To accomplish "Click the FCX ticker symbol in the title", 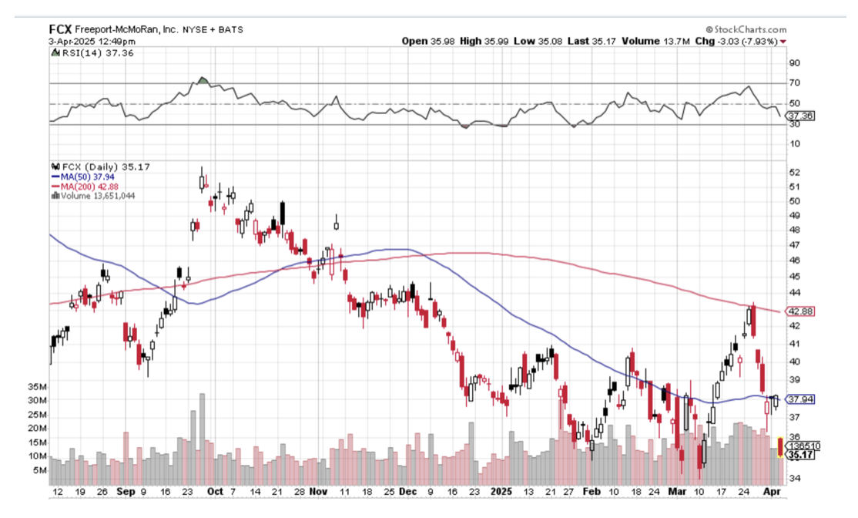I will coord(60,29).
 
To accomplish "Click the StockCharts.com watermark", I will coord(736,29).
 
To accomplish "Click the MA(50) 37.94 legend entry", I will coord(83,175).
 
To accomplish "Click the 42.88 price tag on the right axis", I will coord(800,311).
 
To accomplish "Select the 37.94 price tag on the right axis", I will coord(800,399).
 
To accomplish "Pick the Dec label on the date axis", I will coord(409,491).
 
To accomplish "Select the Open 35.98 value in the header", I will coord(428,41).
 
